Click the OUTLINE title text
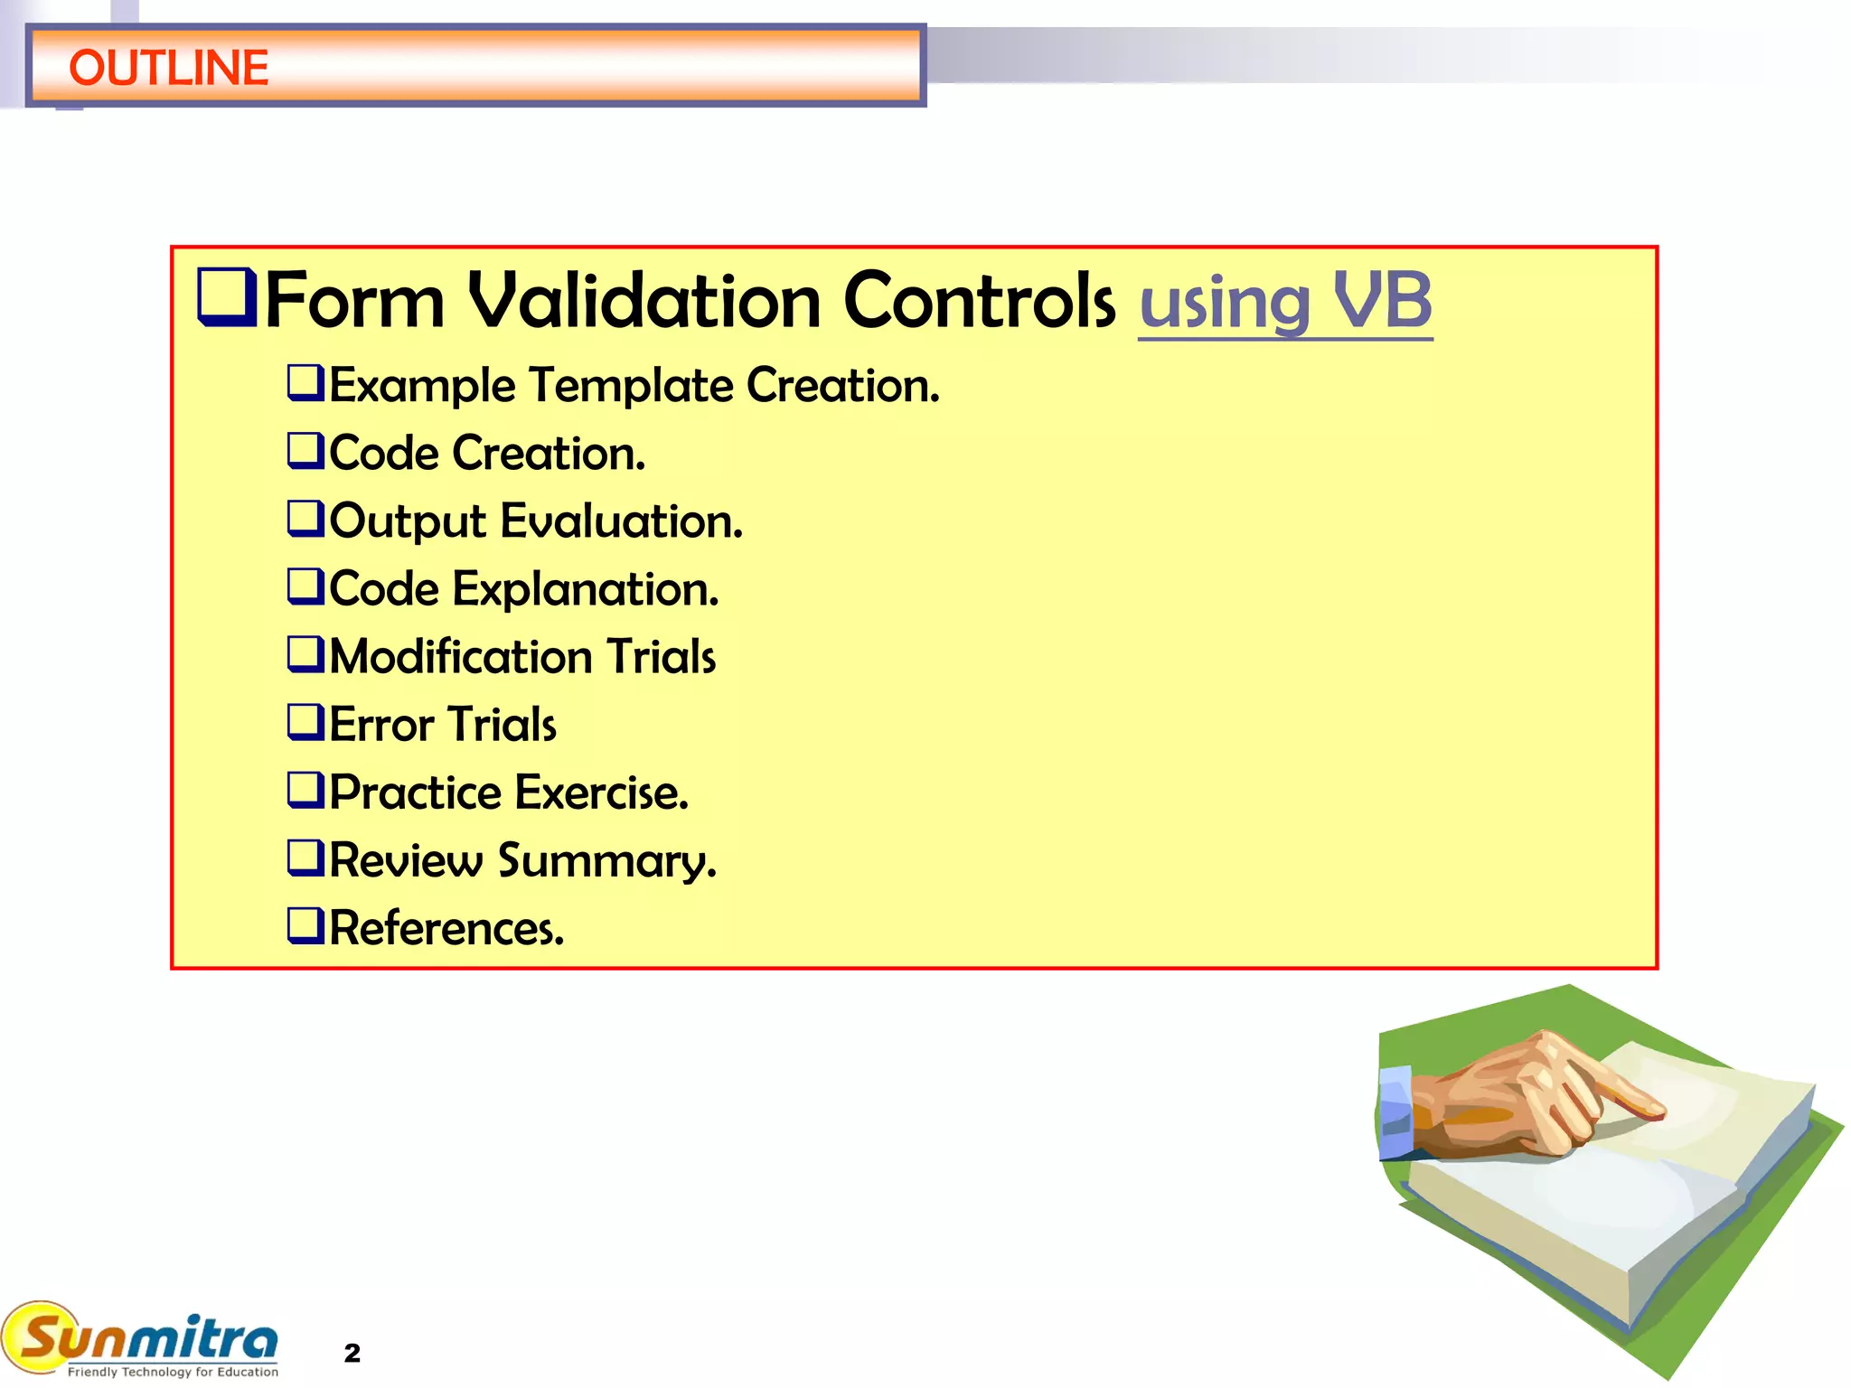(x=168, y=68)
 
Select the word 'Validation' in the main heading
(x=644, y=301)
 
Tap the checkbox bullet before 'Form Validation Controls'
(x=227, y=297)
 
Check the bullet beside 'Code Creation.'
(x=305, y=450)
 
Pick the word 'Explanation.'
(x=586, y=590)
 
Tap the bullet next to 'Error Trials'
(x=305, y=722)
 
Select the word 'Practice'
(x=415, y=792)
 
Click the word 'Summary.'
(x=607, y=861)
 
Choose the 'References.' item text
(x=446, y=929)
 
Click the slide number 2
(x=352, y=1353)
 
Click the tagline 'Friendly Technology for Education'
(x=173, y=1372)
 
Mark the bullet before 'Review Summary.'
(x=305, y=858)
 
